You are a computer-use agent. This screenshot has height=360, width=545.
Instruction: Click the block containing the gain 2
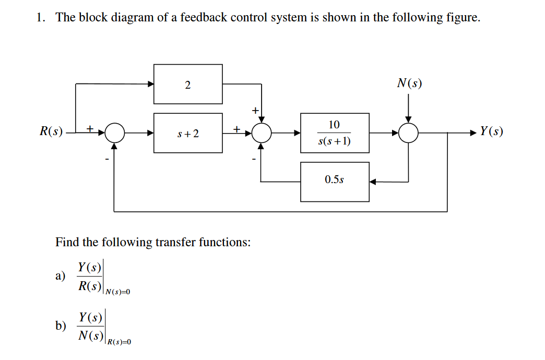(188, 84)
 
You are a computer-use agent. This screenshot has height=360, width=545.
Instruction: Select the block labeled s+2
(188, 133)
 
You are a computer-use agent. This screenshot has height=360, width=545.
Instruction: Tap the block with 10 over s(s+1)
(335, 133)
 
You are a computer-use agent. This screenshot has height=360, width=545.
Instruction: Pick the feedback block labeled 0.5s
(335, 182)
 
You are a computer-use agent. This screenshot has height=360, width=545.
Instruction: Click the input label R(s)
(51, 131)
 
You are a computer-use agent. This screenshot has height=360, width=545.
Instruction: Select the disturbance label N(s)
(409, 83)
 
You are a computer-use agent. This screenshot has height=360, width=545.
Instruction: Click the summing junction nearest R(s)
(114, 133)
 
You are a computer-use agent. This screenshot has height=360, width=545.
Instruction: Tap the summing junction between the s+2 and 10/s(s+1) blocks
(262, 133)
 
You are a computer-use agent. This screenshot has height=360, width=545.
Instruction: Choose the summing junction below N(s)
(409, 133)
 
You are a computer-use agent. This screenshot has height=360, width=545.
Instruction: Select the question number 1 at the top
(40, 18)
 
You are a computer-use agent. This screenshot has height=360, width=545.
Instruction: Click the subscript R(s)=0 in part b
(119, 342)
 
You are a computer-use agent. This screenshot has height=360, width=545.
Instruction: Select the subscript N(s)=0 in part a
(117, 292)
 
